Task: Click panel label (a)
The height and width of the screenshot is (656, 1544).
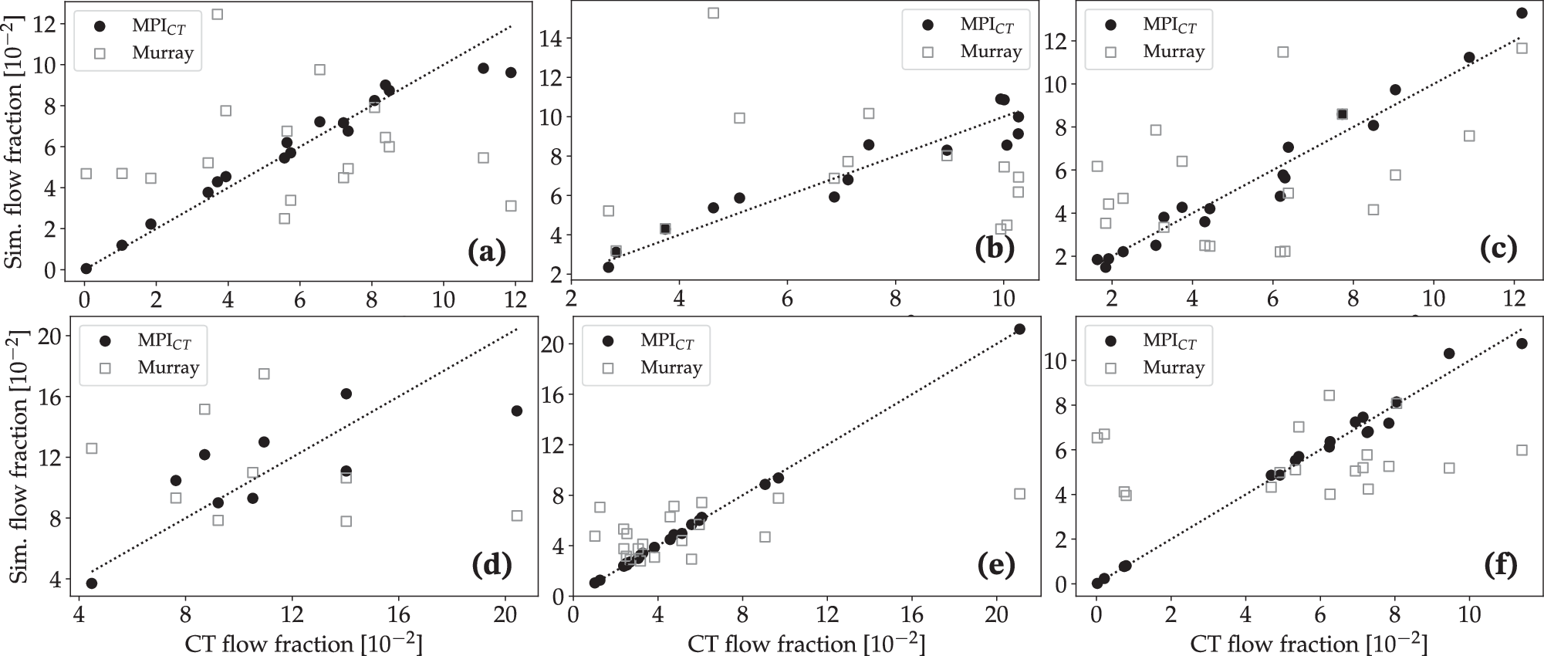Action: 486,252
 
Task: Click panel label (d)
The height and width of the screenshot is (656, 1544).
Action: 492,566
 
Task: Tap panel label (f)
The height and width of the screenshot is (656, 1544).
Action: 1500,566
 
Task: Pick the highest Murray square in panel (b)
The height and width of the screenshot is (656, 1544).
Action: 714,13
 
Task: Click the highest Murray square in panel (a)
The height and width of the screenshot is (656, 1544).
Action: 218,15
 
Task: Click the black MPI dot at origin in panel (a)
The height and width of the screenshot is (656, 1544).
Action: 86,269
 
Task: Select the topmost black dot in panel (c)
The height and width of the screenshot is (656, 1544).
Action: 1522,13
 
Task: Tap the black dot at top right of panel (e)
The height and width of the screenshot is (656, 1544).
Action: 1019,329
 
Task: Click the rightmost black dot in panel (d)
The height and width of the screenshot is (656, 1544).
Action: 517,411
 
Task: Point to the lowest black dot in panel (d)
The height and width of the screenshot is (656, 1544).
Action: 92,583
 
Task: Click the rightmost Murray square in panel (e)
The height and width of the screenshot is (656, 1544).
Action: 1019,494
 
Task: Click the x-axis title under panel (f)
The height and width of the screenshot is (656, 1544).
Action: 1309,644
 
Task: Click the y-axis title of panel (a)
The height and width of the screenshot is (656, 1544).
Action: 14,143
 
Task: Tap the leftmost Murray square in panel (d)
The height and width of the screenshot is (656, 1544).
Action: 92,448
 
